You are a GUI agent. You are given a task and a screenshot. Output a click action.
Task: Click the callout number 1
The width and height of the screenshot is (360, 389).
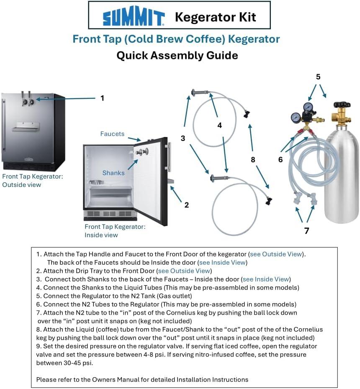(x=102, y=98)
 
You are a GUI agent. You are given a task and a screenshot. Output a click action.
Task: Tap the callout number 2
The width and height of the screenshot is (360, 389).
(x=187, y=205)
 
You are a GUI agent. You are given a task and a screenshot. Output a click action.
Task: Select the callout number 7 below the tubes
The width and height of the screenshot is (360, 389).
(x=306, y=230)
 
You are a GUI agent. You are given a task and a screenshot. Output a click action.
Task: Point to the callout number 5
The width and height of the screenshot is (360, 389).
(x=318, y=77)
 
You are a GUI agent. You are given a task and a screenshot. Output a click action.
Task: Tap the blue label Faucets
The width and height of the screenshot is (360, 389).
(x=112, y=134)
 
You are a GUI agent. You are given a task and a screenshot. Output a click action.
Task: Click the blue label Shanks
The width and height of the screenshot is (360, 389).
(x=113, y=173)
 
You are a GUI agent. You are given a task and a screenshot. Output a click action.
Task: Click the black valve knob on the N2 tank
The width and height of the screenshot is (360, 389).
(x=339, y=104)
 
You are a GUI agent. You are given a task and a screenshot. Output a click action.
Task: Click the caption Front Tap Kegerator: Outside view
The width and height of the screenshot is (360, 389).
(x=33, y=180)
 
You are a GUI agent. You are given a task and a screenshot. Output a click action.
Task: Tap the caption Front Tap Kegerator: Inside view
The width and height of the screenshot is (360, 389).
(x=115, y=230)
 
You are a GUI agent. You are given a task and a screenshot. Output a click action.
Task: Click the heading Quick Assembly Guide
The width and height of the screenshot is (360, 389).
(x=177, y=55)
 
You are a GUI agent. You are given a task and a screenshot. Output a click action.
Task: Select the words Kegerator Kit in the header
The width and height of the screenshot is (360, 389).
(x=215, y=17)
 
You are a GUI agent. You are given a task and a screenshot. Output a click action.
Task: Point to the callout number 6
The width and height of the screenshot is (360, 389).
(x=280, y=159)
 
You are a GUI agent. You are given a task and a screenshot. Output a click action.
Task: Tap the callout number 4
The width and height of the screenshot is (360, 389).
(x=219, y=125)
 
